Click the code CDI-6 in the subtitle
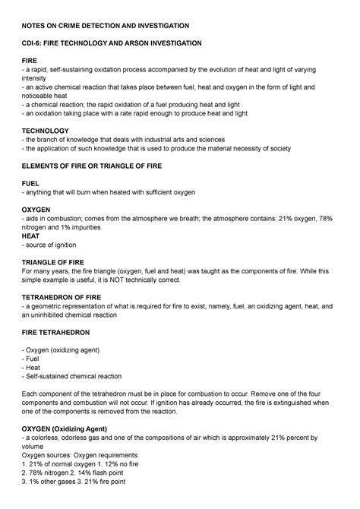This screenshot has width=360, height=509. point(37,44)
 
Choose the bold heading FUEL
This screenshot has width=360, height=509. point(32,182)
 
